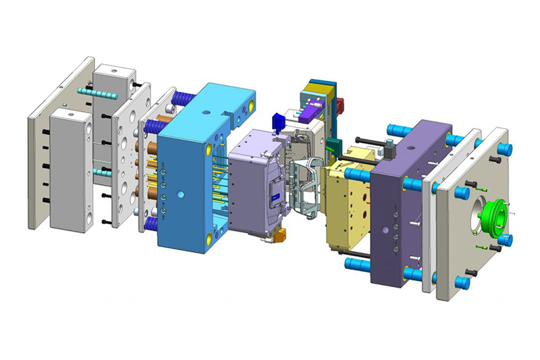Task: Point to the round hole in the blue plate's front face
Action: tap(182, 195)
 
